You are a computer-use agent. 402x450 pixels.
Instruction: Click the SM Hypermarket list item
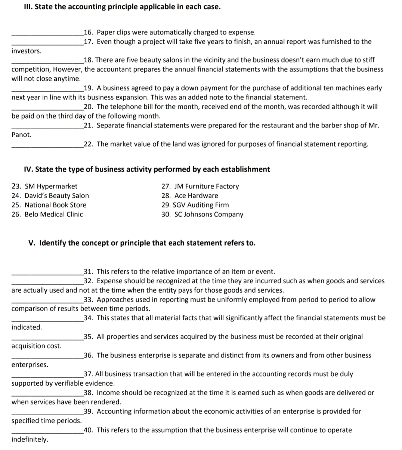coord(44,186)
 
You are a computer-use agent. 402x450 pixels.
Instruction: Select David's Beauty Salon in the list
coord(50,195)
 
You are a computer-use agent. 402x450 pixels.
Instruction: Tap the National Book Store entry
coord(49,205)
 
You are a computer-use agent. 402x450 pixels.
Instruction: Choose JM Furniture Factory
coord(200,186)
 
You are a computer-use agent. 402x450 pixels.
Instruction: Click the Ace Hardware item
coord(190,195)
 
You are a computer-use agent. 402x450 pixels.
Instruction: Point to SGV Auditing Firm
coord(195,205)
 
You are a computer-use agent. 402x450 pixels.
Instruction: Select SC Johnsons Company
coord(202,215)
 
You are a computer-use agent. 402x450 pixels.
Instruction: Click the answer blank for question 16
coord(47,34)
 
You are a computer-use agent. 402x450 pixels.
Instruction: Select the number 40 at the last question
coord(88,430)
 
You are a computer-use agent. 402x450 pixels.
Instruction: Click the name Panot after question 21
coord(21,135)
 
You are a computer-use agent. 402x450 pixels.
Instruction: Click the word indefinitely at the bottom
coord(30,440)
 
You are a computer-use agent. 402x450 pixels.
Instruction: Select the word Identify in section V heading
coord(52,243)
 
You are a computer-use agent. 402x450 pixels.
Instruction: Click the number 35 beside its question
coord(88,336)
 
